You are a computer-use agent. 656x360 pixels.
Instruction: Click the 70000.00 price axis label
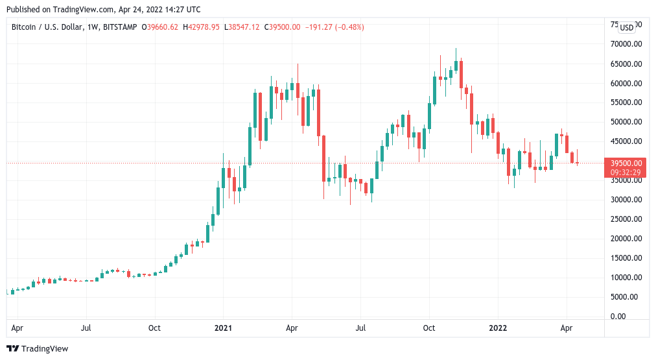pyautogui.click(x=622, y=44)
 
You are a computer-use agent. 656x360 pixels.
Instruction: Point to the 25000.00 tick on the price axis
pyautogui.click(x=622, y=219)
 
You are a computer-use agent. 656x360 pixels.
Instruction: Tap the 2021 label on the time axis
pyautogui.click(x=223, y=328)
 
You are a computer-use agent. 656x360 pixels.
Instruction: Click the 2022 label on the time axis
pyautogui.click(x=497, y=328)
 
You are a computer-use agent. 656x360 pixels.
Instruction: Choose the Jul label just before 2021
pyautogui.click(x=86, y=328)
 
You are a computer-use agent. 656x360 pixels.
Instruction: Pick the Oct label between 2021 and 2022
pyautogui.click(x=428, y=328)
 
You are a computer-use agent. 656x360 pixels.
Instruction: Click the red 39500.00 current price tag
pyautogui.click(x=623, y=163)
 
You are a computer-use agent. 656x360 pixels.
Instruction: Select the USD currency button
pyautogui.click(x=627, y=27)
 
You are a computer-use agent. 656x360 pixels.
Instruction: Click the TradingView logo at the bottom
pyautogui.click(x=38, y=349)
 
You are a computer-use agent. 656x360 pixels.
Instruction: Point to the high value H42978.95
pyautogui.click(x=202, y=27)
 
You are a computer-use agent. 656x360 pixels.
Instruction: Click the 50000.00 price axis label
pyautogui.click(x=622, y=122)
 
